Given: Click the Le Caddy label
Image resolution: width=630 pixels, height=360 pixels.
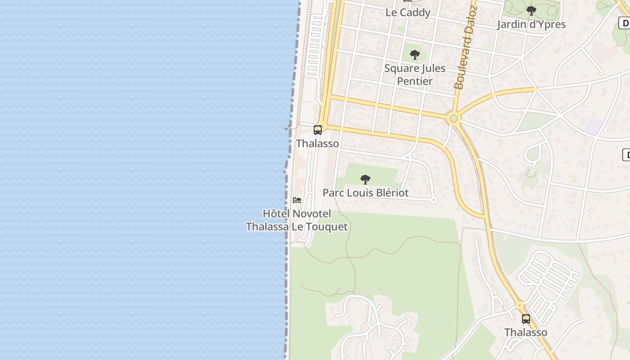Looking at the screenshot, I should click(x=408, y=13).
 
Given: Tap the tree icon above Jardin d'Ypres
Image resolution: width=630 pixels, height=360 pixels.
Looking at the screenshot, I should click(x=531, y=10).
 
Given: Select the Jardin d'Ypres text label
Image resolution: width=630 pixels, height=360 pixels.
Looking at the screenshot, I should click(x=531, y=24).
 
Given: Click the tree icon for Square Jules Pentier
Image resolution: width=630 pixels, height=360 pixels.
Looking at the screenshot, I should click(x=414, y=55).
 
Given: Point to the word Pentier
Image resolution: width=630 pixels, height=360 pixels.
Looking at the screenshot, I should click(x=414, y=81).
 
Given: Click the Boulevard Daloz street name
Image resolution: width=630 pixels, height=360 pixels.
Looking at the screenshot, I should click(x=465, y=49).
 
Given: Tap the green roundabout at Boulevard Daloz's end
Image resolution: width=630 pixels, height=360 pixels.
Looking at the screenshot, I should click(x=454, y=119).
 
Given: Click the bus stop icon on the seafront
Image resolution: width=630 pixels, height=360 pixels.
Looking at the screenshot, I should click(x=318, y=130).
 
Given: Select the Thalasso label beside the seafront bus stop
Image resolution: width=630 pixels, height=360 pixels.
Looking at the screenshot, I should click(x=317, y=144).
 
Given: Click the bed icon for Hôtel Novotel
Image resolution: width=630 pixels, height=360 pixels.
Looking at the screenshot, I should click(x=297, y=200).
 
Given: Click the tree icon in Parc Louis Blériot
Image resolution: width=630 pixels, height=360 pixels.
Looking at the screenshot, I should click(x=365, y=180).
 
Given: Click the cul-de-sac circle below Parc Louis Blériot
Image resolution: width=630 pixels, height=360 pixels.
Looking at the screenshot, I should click(x=433, y=200).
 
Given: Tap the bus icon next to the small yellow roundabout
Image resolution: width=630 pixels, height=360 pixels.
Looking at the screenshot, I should click(x=526, y=319).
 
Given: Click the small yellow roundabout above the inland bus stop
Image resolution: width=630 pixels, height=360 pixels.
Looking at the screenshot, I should click(x=520, y=306).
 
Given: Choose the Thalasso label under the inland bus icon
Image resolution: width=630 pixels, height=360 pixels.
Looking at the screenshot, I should click(x=526, y=333).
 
